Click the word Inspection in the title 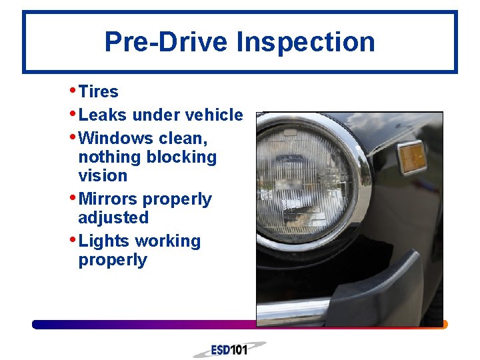[x=305, y=42]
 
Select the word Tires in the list [x=98, y=92]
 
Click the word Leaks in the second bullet [x=102, y=115]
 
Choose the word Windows [x=115, y=139]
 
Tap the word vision [x=102, y=175]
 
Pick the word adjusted [x=113, y=218]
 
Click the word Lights [x=103, y=241]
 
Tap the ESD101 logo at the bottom [x=229, y=349]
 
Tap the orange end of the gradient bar [x=444, y=325]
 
